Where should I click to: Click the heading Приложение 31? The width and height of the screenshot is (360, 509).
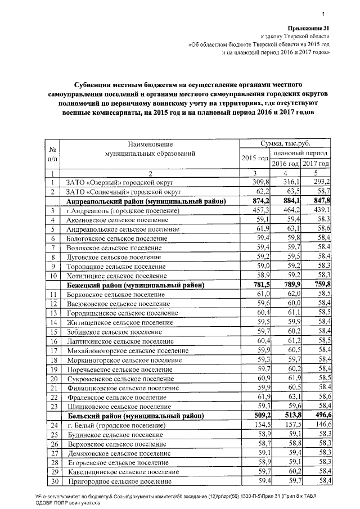[x=309, y=28]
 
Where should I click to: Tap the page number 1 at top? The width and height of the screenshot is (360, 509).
[x=325, y=15]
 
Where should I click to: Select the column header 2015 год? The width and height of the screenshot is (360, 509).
[x=254, y=158]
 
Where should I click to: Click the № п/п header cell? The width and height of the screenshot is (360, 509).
[x=52, y=154]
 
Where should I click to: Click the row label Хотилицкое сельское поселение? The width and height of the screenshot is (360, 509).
[x=116, y=277]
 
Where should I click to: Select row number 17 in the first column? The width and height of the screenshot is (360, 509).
[x=52, y=350]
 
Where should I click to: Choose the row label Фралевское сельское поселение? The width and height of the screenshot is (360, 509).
[x=116, y=397]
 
